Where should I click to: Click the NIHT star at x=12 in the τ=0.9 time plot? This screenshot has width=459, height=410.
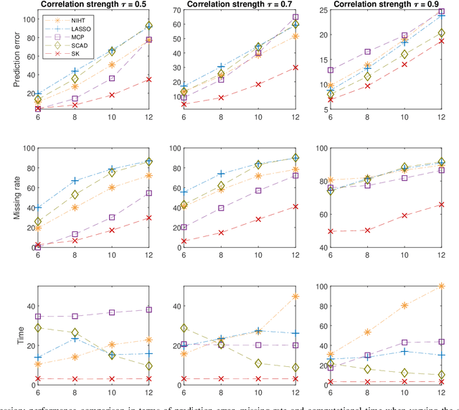(441, 286)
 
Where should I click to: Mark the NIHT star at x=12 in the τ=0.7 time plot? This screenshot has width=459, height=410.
(296, 296)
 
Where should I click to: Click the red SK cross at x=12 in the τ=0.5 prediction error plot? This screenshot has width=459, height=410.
(148, 79)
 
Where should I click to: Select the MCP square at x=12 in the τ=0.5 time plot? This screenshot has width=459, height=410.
(148, 309)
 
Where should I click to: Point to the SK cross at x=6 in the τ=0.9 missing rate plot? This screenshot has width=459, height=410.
(331, 231)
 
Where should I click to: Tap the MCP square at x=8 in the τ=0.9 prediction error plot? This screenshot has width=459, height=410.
(367, 52)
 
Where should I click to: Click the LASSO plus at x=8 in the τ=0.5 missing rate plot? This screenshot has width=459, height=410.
(75, 181)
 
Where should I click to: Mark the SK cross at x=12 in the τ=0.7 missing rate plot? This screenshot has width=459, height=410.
(296, 206)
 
